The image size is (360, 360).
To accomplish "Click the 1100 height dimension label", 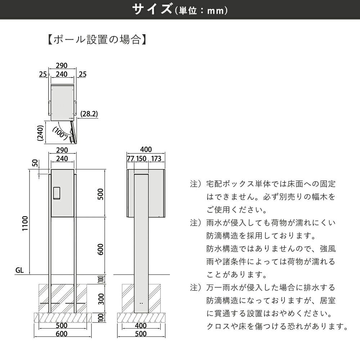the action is [25, 224].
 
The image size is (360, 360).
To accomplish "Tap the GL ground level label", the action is [19, 270].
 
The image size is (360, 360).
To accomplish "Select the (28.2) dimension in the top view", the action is [89, 114].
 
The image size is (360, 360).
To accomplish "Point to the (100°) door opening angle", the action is [60, 134].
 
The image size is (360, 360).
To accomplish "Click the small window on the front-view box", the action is [57, 193].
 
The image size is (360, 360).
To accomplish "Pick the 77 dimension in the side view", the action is [130, 159].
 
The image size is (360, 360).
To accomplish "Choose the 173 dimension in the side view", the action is [156, 159].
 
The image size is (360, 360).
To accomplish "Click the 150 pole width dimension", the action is [141, 159].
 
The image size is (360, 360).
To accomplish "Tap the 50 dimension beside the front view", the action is [35, 163].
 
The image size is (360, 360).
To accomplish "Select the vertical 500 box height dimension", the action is [100, 194].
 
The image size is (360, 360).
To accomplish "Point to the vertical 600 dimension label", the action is [100, 249].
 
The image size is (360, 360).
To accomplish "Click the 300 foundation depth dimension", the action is [101, 299].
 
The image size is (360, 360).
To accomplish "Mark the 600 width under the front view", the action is [62, 334].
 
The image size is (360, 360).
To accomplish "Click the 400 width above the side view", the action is [146, 149].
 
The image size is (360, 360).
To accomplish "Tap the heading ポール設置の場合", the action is [96, 40].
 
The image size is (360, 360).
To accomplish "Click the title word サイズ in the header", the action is [152, 9].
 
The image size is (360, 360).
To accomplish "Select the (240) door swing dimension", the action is [40, 133].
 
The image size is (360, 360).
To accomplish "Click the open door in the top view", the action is [73, 132].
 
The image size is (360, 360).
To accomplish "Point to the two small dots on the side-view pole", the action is [141, 303].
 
